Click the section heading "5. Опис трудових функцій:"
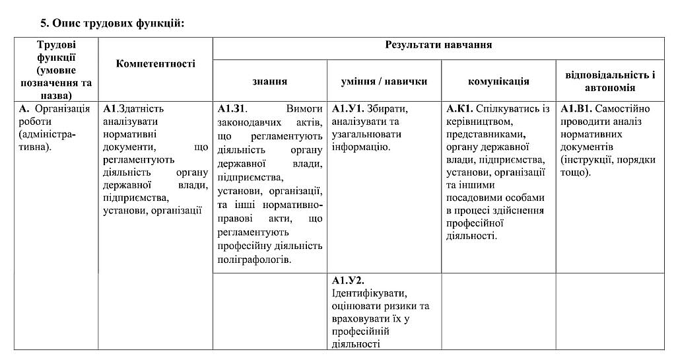pos(112,24)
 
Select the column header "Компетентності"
pos(155,63)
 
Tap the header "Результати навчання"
pos(438,45)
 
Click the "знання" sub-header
pos(269,81)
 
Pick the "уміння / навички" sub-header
pos(384,81)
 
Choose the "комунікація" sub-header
pos(498,81)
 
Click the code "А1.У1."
pos(349,108)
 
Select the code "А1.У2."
pos(349,280)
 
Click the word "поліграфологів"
pos(254,260)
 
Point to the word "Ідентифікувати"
pos(368,293)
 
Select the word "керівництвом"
pos(480,122)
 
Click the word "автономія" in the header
pos(610,88)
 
